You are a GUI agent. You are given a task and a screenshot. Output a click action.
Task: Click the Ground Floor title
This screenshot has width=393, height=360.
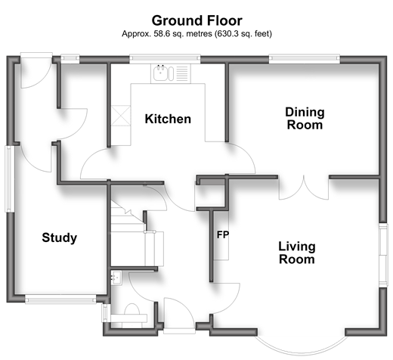point(196,20)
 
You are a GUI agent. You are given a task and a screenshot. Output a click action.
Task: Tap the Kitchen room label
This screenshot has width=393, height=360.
point(168,119)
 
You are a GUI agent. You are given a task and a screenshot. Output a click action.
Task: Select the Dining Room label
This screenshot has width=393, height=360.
point(305,119)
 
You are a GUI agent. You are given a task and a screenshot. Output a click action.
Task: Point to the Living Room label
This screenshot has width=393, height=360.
point(297,253)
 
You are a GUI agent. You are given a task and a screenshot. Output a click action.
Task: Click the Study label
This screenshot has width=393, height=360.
point(60,237)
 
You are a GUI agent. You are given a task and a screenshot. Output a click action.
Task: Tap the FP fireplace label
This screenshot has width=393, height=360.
point(223,234)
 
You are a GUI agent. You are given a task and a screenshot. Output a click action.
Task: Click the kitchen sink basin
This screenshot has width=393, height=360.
point(160,73)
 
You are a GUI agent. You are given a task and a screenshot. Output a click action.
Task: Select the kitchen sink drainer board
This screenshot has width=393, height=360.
point(182,73)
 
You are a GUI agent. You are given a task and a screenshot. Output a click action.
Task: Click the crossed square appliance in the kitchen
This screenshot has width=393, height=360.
point(121,116)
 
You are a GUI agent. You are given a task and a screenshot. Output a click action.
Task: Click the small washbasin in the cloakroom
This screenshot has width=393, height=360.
point(116,278)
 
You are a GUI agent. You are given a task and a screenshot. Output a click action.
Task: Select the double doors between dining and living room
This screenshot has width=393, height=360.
point(304,188)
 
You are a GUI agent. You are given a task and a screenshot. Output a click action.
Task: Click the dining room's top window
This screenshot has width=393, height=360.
point(305,59)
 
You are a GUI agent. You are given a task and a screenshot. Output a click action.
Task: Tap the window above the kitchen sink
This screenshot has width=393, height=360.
point(165,59)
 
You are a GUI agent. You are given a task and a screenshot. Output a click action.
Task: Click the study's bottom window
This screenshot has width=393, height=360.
point(60,299)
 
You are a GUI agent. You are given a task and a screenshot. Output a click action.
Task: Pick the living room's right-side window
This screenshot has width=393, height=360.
point(383,255)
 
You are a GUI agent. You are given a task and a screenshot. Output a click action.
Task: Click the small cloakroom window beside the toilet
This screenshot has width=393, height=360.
point(104,313)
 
